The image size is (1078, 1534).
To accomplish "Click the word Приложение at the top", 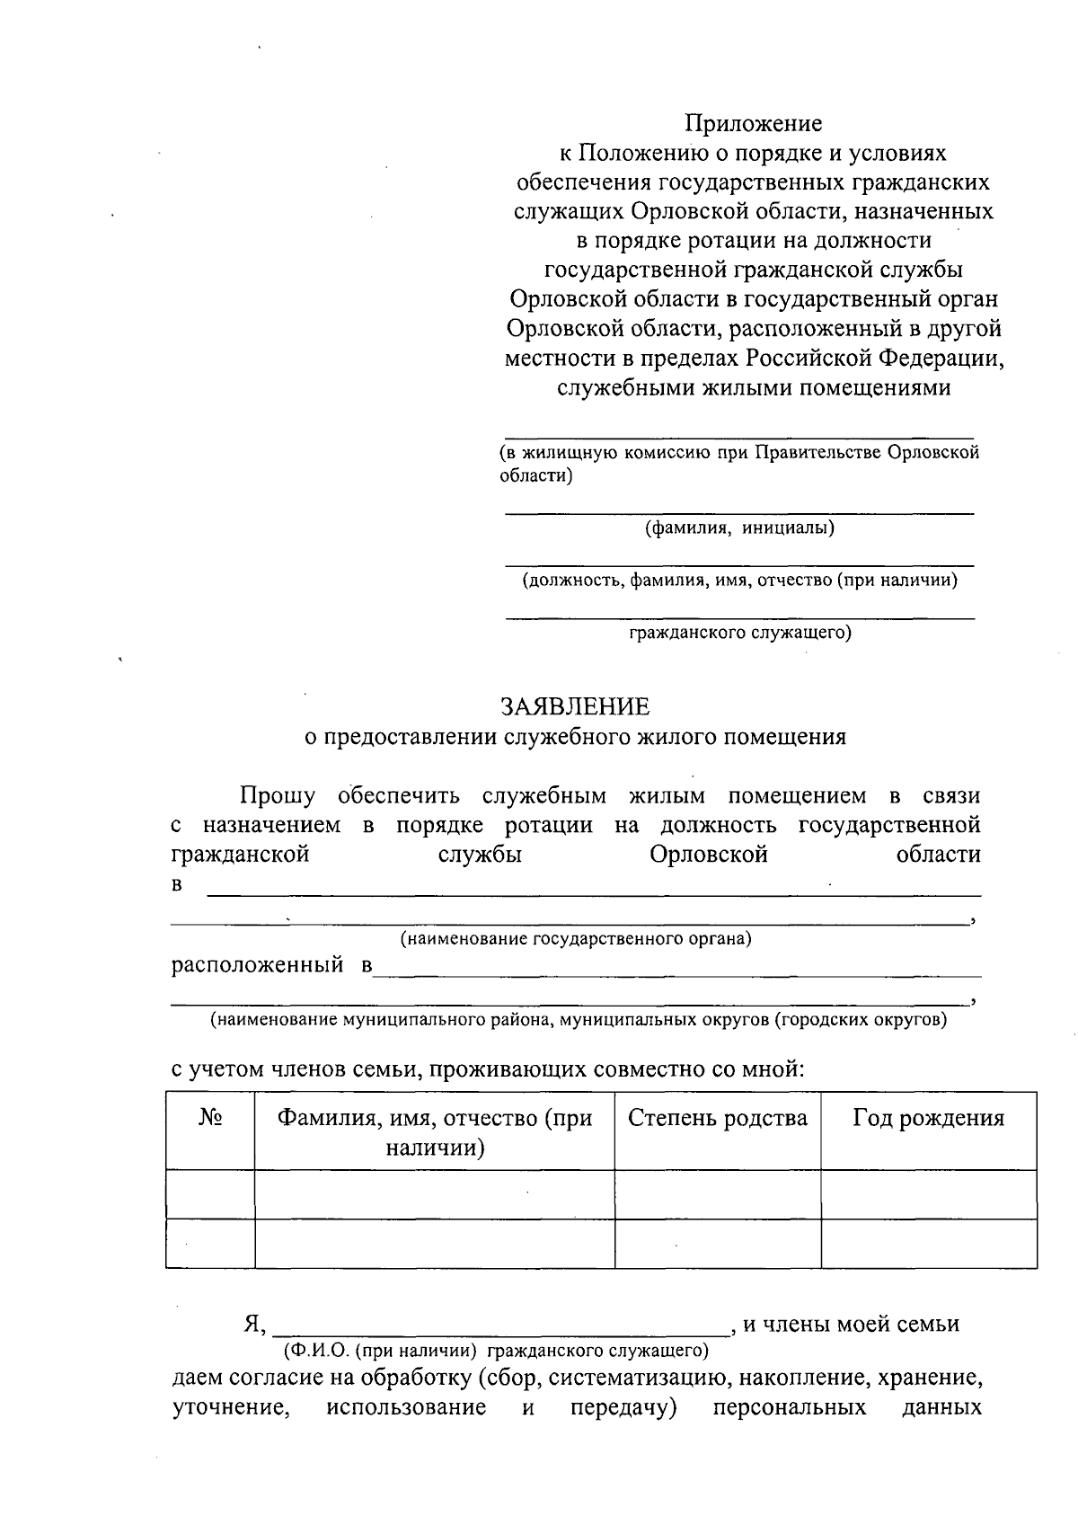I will click(754, 122).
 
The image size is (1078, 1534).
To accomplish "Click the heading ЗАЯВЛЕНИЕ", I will click(575, 706).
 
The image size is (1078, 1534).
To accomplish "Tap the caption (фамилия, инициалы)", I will click(739, 528).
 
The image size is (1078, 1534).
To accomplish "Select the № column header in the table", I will click(210, 1118).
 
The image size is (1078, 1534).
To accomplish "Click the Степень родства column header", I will click(717, 1118).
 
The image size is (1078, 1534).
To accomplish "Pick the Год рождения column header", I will click(928, 1118).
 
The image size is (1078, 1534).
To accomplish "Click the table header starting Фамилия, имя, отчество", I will click(435, 1131).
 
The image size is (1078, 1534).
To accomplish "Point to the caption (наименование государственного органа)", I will click(576, 939).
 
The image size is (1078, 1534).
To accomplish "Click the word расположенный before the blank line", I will click(258, 966).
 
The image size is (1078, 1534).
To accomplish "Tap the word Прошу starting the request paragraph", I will click(277, 796).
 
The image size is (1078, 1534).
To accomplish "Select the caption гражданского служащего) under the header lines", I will click(739, 633).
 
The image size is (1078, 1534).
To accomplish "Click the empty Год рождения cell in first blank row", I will click(928, 1194).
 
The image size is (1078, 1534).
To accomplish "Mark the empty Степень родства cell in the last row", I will click(717, 1244).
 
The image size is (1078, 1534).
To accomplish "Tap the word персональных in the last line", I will click(789, 1407).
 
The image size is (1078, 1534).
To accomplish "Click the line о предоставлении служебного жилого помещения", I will click(575, 737).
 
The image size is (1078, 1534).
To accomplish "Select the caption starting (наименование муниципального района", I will click(579, 1020).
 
